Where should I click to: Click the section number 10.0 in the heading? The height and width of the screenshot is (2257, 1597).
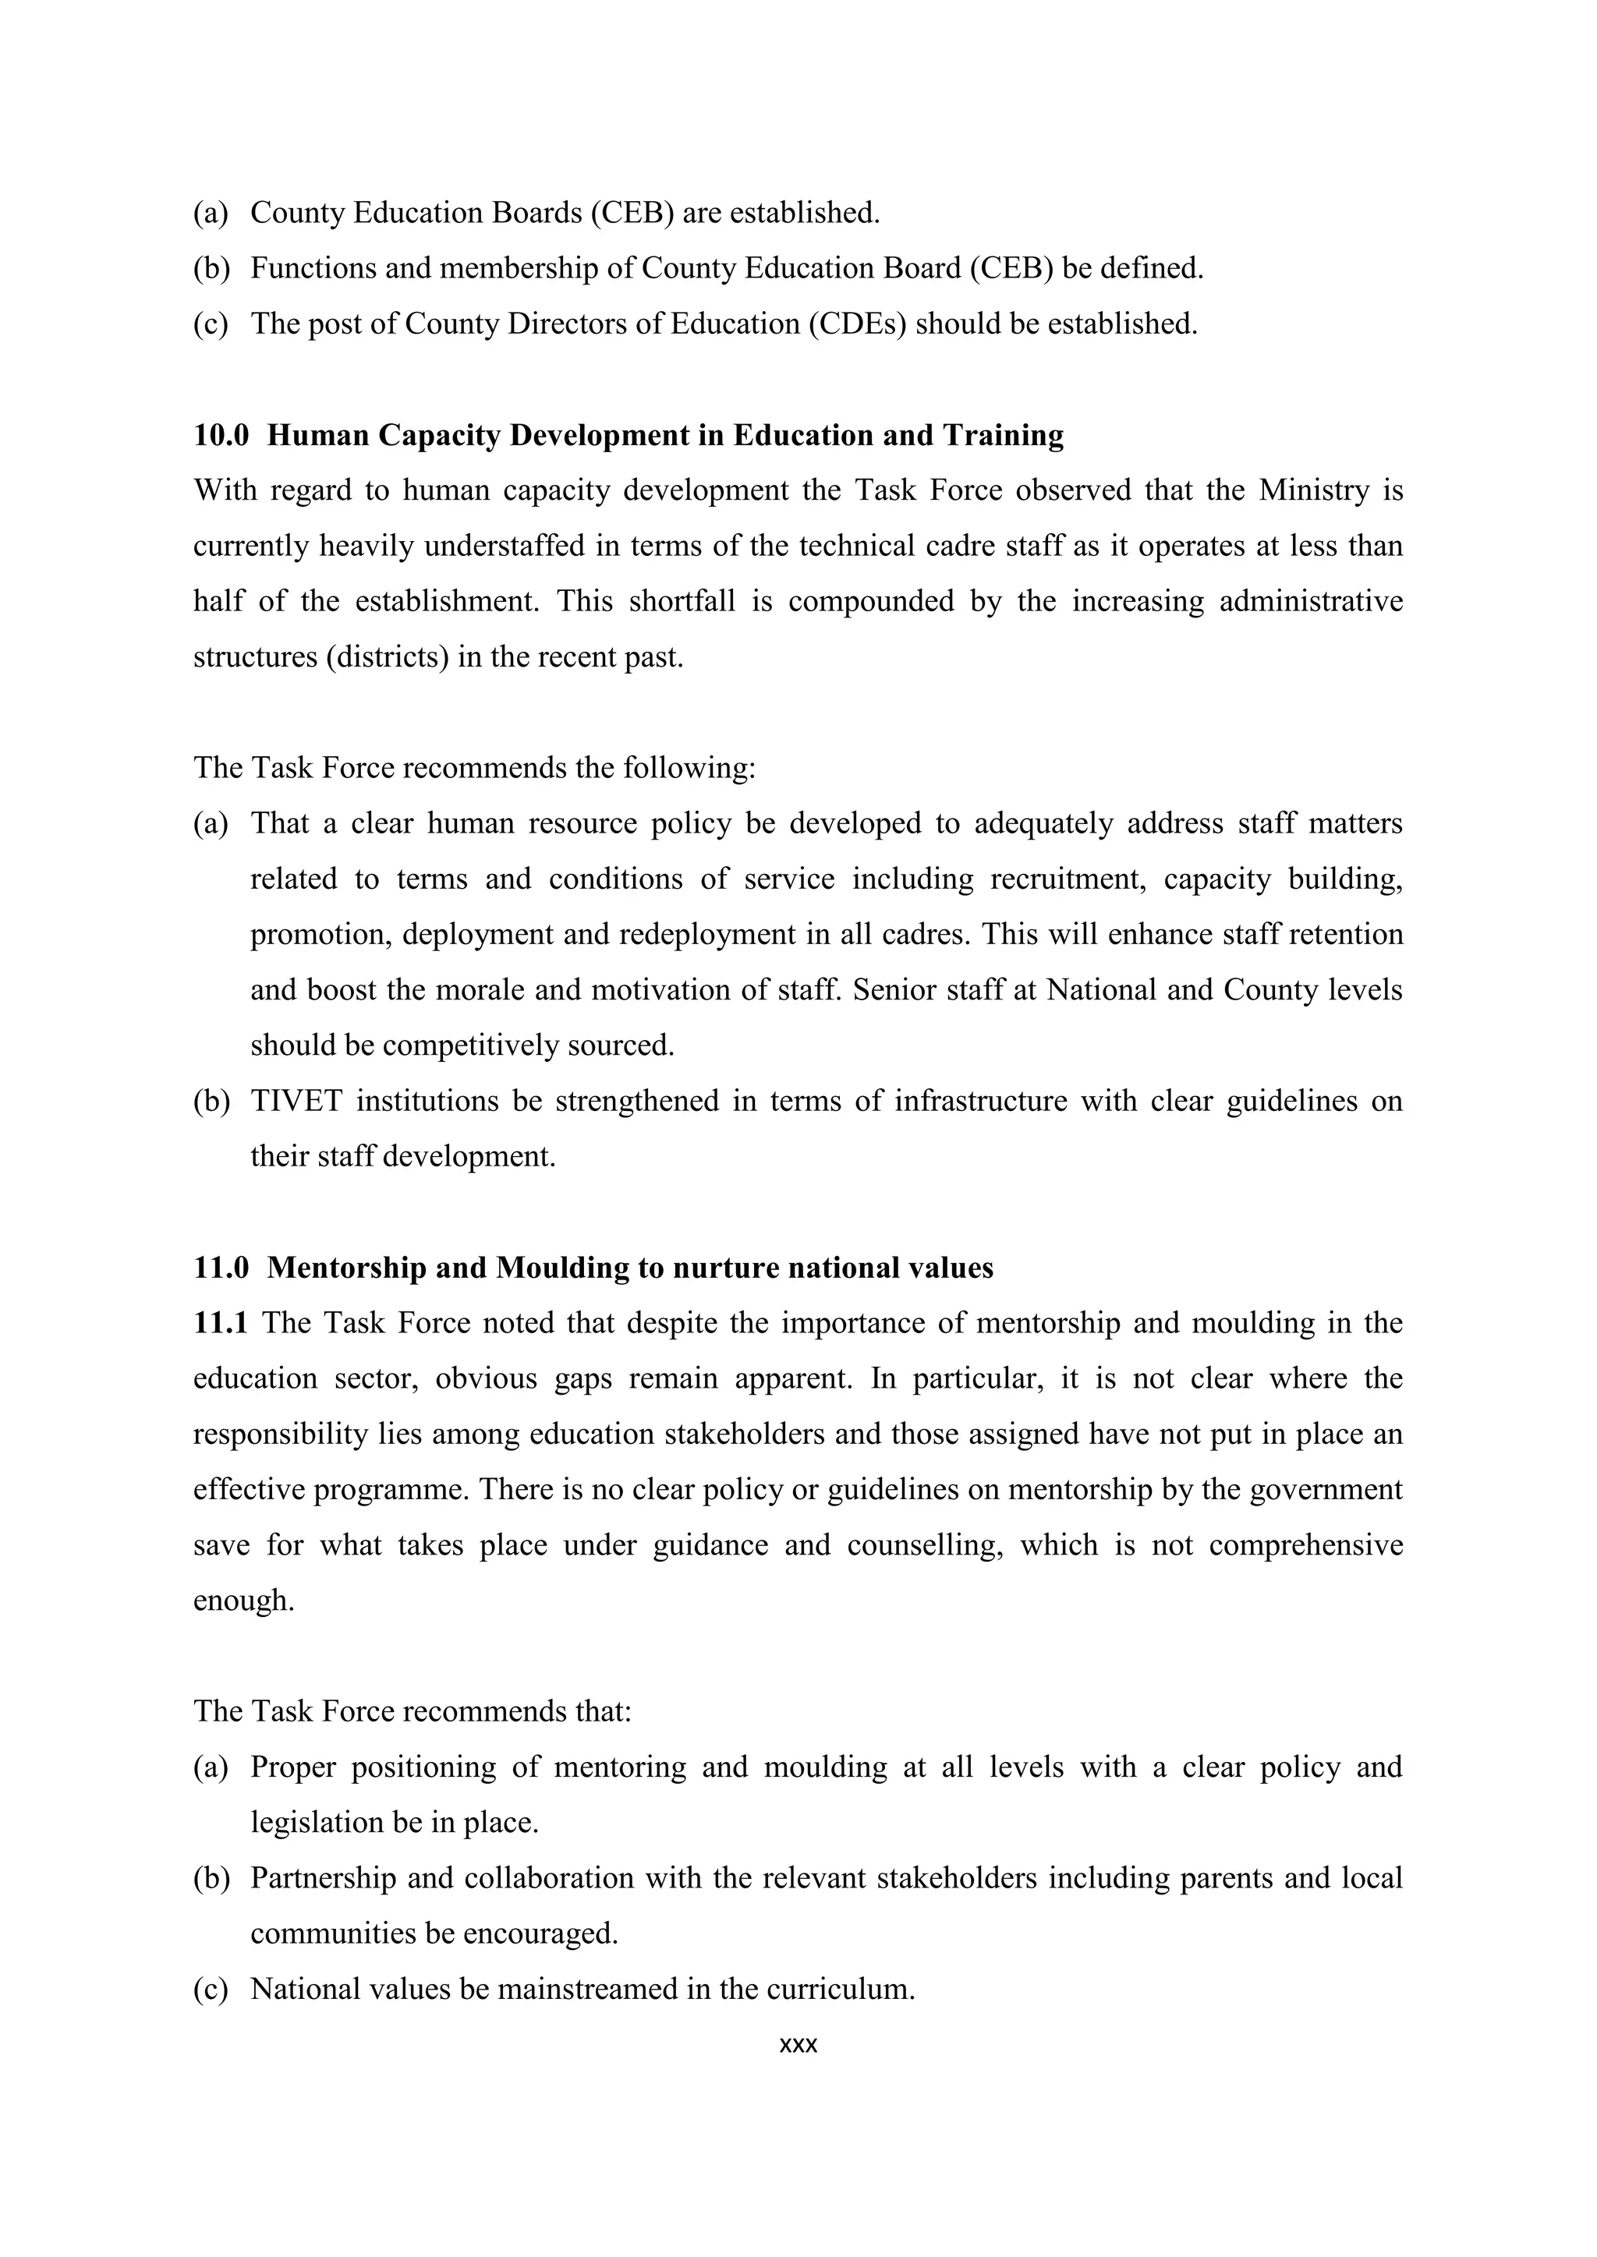coord(221,436)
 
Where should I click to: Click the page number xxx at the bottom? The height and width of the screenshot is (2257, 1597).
coord(798,2046)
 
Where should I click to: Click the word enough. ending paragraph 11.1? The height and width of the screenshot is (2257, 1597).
coord(244,1601)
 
